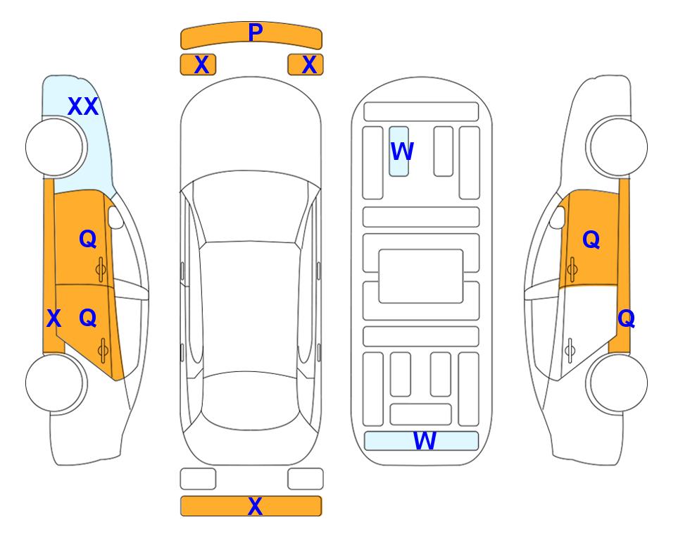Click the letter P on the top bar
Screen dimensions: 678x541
(256, 32)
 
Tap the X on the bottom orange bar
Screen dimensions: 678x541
(255, 506)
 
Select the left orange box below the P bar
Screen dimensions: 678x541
(198, 65)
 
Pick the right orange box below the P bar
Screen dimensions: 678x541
(306, 65)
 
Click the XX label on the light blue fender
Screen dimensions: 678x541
(83, 106)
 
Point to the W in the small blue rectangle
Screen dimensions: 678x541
(402, 151)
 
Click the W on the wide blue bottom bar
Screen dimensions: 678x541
(425, 441)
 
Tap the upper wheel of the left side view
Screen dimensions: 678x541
(56, 147)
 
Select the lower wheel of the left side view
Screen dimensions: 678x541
(56, 383)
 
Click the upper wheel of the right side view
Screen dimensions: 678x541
(617, 147)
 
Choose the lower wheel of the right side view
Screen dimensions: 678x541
(617, 383)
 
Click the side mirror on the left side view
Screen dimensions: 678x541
(115, 217)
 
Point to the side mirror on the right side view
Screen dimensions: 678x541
(558, 217)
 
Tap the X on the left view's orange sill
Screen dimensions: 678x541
(54, 318)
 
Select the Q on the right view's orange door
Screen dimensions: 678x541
(591, 240)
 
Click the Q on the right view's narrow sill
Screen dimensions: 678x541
(626, 319)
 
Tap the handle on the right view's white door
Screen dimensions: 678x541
(570, 350)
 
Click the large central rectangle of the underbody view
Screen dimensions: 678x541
(421, 276)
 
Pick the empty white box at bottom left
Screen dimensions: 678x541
(198, 479)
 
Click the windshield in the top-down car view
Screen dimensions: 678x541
(251, 208)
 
